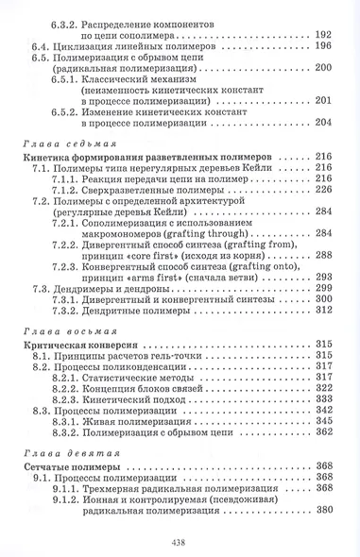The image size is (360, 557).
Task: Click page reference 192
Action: (322, 32)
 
